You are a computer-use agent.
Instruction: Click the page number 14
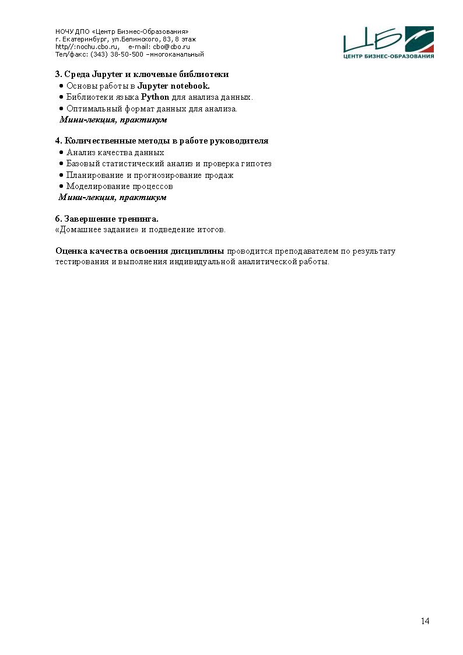(425, 621)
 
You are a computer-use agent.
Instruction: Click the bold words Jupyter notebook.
(173, 86)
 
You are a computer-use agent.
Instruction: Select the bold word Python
(155, 97)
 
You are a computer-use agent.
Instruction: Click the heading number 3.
(58, 75)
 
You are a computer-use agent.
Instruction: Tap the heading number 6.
(58, 219)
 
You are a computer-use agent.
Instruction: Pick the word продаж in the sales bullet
(220, 176)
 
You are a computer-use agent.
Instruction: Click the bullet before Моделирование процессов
(61, 187)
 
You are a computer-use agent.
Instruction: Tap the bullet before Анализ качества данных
(61, 153)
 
